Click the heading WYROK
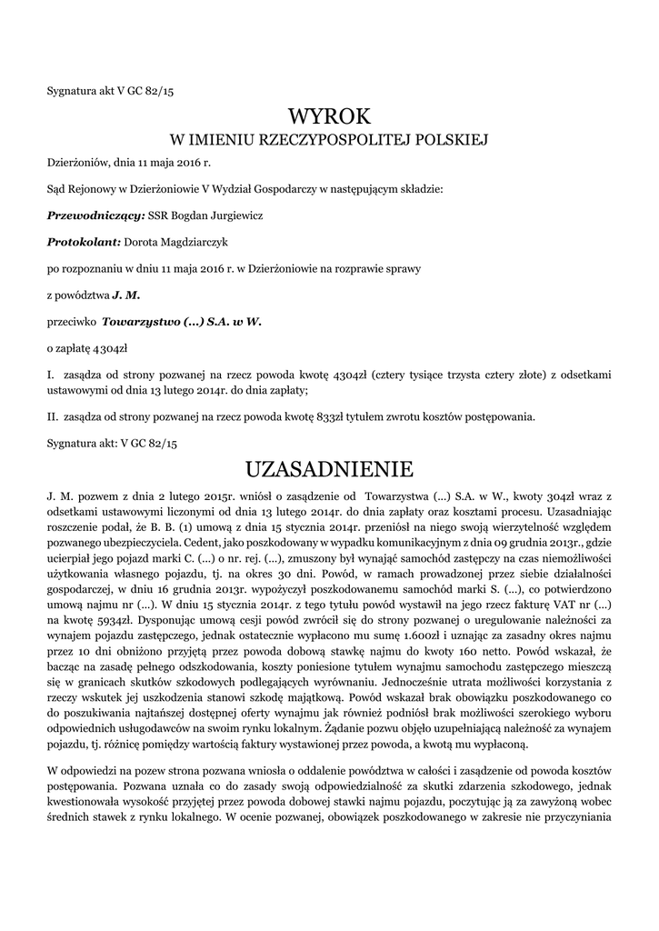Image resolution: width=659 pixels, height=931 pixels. click(329, 116)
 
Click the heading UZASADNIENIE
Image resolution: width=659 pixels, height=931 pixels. click(329, 469)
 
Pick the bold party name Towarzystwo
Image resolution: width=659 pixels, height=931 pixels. click(141, 321)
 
